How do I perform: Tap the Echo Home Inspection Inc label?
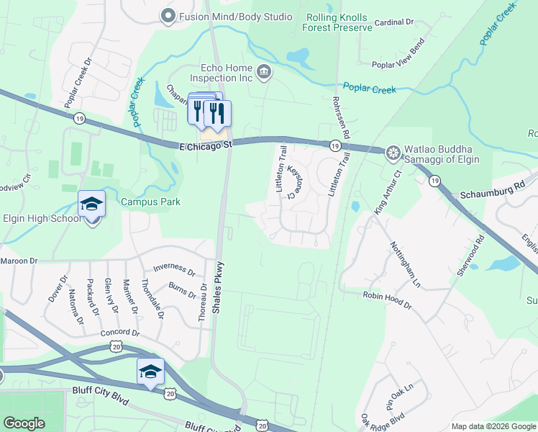tap(221, 73)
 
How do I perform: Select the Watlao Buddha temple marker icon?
tap(393, 152)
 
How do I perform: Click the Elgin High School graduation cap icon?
tap(92, 204)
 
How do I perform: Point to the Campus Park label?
tap(150, 202)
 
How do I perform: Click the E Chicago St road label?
tap(206, 145)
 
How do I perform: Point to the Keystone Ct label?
tap(293, 181)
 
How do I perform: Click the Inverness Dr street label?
tap(174, 269)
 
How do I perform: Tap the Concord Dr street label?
tap(119, 333)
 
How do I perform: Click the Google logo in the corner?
tap(24, 423)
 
